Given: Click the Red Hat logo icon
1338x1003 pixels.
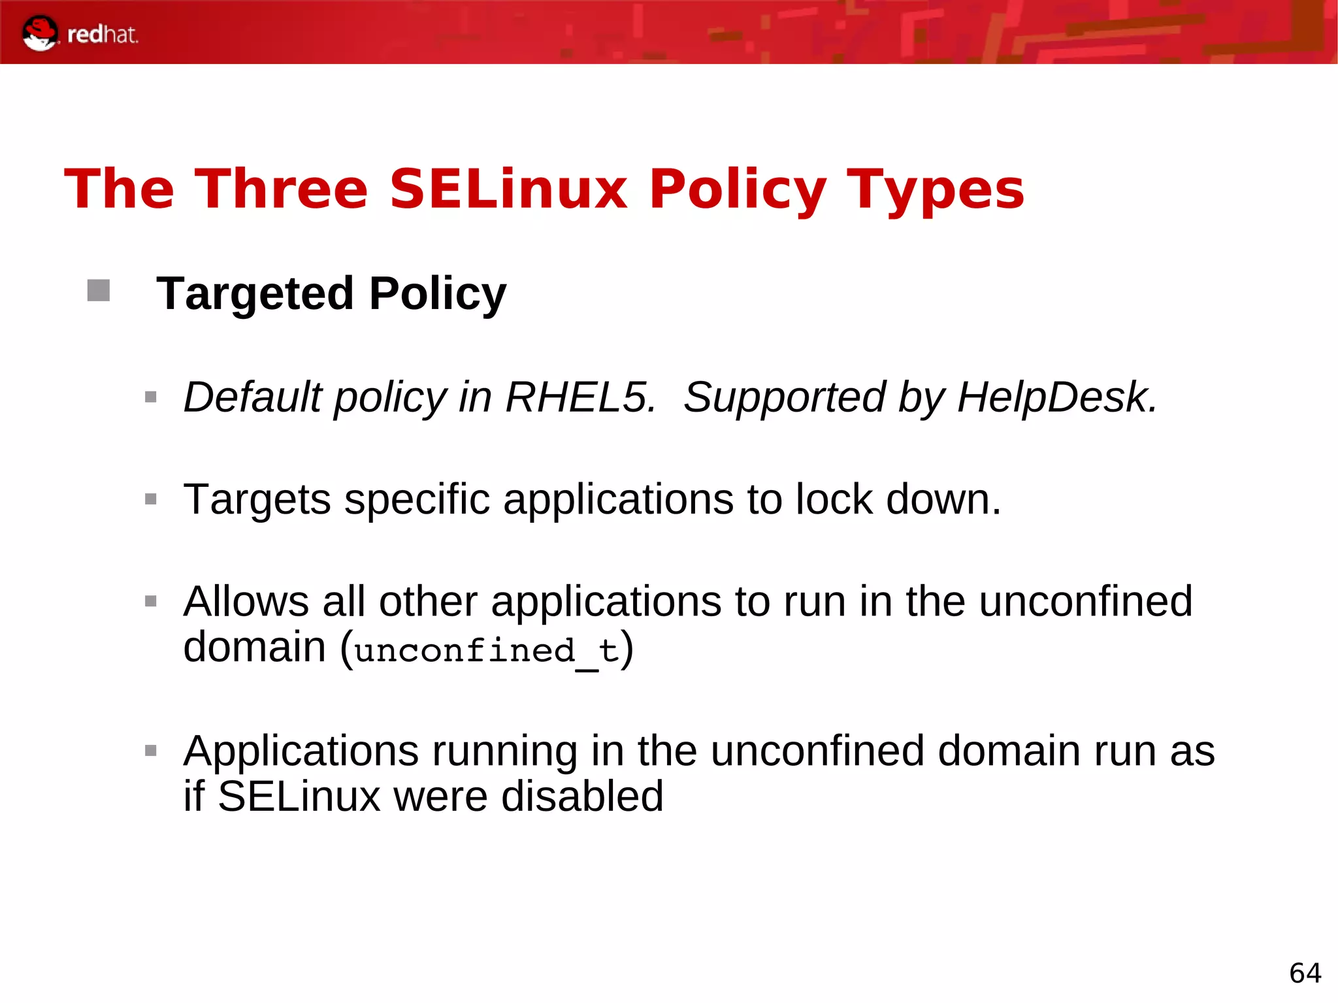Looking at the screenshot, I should coord(39,33).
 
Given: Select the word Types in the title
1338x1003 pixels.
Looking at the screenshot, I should coord(935,190).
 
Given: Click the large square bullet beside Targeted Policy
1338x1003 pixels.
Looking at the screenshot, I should coord(99,291).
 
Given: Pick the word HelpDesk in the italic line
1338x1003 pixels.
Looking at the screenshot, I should coord(1056,397).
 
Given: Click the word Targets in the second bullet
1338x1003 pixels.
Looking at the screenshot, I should coord(257,500).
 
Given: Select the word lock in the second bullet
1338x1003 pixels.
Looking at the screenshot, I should coord(834,499).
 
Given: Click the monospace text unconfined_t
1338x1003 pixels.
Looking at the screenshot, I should coord(487,651).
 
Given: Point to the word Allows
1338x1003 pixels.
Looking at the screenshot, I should coord(246,601).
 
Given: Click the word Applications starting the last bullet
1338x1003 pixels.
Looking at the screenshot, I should coord(301,751).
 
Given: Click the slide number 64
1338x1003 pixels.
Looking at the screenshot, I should coord(1305,973).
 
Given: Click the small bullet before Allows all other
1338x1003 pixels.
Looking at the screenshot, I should coord(151,601).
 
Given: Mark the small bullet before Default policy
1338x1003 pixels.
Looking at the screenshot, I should coord(151,397).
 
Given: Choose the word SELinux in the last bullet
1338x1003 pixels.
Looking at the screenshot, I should coord(299,796).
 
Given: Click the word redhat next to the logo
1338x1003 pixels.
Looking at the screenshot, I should coord(103,34).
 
